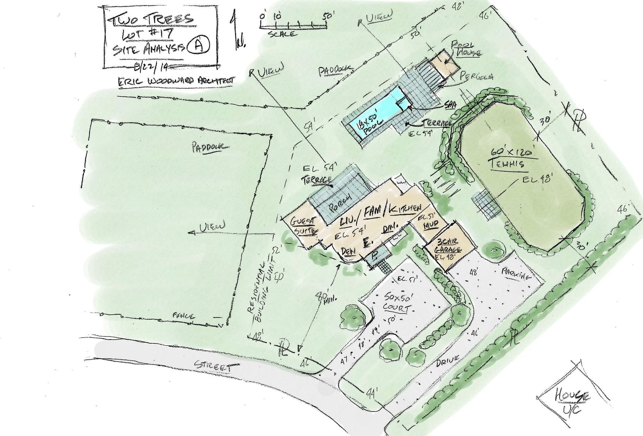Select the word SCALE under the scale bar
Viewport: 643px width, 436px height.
[x=282, y=34]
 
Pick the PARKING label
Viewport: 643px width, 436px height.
[x=516, y=275]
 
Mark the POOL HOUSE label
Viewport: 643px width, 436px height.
[x=463, y=49]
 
